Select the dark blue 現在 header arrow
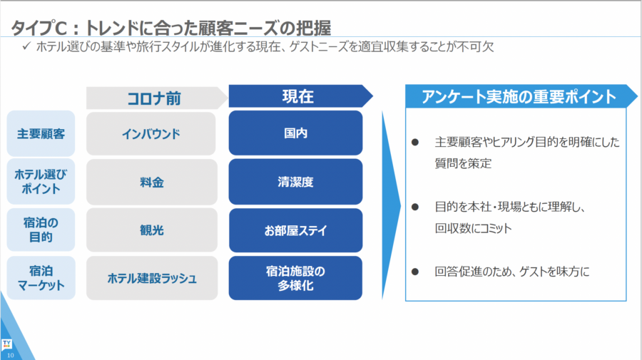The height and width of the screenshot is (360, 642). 300,96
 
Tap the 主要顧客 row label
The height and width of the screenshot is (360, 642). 41,133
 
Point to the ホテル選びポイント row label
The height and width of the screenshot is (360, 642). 41,181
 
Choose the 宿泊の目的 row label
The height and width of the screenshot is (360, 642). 41,230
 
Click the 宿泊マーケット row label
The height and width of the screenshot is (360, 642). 41,278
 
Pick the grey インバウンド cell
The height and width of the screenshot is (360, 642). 151,133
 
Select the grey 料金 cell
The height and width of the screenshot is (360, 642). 151,182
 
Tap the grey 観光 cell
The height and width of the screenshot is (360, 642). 151,230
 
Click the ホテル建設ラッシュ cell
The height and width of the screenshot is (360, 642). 152,278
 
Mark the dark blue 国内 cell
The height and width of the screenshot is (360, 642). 295,133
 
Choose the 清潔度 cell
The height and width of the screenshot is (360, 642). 295,182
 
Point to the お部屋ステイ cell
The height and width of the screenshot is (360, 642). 295,230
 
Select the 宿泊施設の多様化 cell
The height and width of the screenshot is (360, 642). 295,278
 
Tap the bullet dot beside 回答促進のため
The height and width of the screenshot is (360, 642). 415,272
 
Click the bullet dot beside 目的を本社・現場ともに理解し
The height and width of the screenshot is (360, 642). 415,207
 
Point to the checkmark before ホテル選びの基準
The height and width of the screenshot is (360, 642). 26,46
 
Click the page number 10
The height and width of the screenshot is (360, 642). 10,355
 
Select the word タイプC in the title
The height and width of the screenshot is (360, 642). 39,28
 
